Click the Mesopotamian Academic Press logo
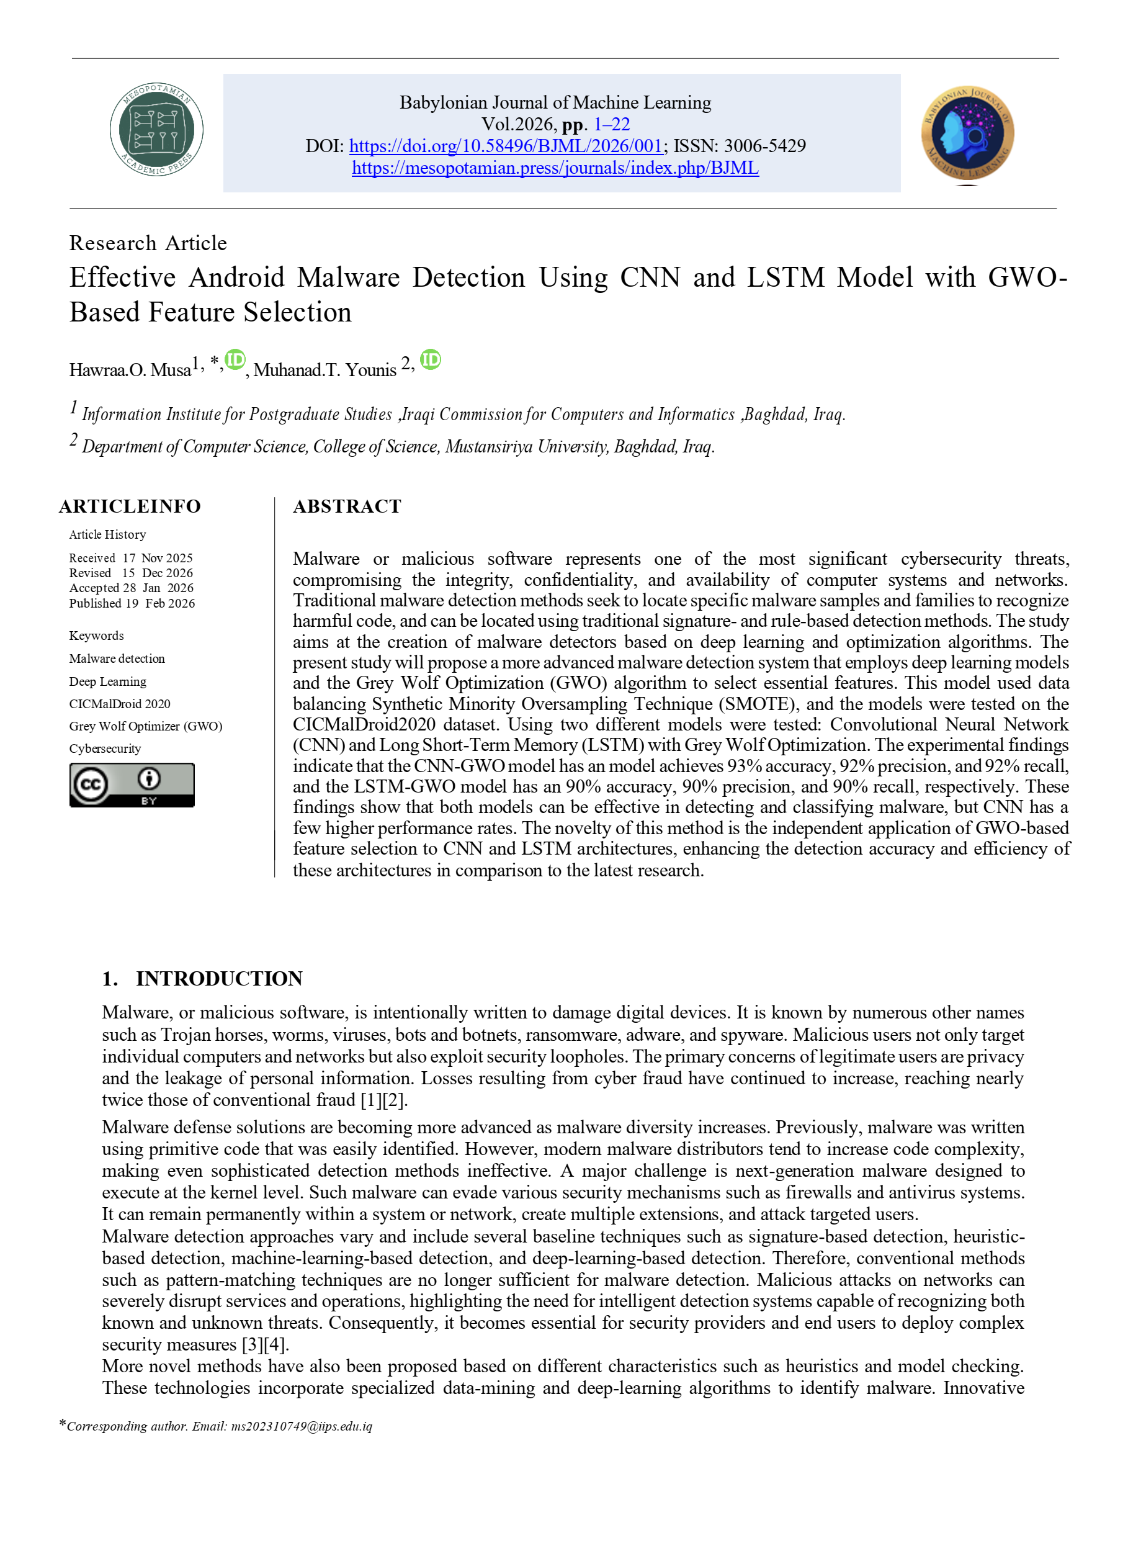pyautogui.click(x=156, y=130)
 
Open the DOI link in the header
pyautogui.click(x=506, y=146)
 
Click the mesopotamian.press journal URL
pyautogui.click(x=555, y=168)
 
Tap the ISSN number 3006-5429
pyautogui.click(x=764, y=146)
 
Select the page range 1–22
pyautogui.click(x=612, y=125)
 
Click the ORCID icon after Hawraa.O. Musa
pyautogui.click(x=235, y=360)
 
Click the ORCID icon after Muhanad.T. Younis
pyautogui.click(x=430, y=360)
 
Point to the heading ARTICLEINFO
pyautogui.click(x=130, y=507)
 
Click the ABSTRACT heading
pyautogui.click(x=347, y=507)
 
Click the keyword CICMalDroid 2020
pyautogui.click(x=120, y=704)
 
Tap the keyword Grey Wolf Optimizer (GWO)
pyautogui.click(x=145, y=726)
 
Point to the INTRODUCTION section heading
pyautogui.click(x=218, y=979)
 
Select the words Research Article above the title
pyautogui.click(x=148, y=243)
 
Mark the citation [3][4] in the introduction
pyautogui.click(x=265, y=1345)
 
